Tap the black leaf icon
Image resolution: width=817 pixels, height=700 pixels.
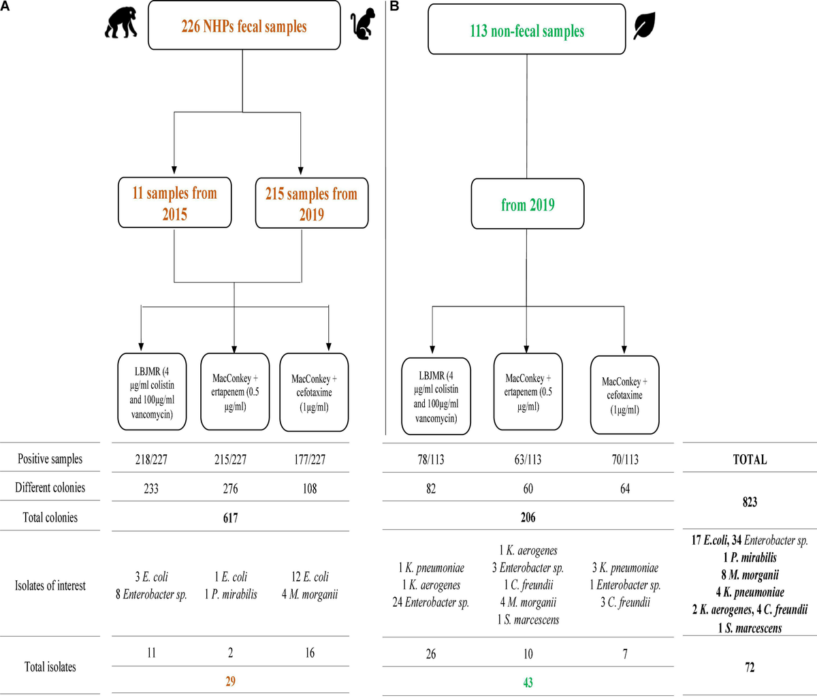pyautogui.click(x=644, y=27)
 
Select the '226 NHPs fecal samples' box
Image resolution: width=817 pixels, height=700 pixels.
pyautogui.click(x=244, y=26)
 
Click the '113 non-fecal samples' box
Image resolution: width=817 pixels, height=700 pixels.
pyautogui.click(x=526, y=30)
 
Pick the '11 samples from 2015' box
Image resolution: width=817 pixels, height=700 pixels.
pyautogui.click(x=174, y=203)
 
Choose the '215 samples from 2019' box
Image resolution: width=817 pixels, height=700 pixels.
pyautogui.click(x=311, y=203)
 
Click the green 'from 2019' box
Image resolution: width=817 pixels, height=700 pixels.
pyautogui.click(x=528, y=204)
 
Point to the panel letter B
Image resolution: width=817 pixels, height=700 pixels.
pyautogui.click(x=394, y=6)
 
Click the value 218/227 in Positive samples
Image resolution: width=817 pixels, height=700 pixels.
pyautogui.click(x=151, y=460)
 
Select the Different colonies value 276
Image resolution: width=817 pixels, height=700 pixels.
pyautogui.click(x=230, y=488)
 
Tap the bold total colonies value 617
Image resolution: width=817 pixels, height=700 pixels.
pyautogui.click(x=230, y=518)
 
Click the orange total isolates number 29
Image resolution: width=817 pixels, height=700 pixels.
pyautogui.click(x=230, y=682)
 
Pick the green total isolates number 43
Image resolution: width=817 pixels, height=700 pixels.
pyautogui.click(x=528, y=682)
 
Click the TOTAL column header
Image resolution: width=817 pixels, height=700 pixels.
pyautogui.click(x=750, y=460)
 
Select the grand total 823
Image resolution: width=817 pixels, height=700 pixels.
pyautogui.click(x=750, y=502)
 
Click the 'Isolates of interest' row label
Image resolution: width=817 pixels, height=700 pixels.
pyautogui.click(x=50, y=585)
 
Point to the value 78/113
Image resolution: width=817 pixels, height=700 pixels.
pyautogui.click(x=431, y=460)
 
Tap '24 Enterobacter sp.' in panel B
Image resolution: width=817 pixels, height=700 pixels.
pyautogui.click(x=431, y=602)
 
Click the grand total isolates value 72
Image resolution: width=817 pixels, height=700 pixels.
pyautogui.click(x=750, y=667)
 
